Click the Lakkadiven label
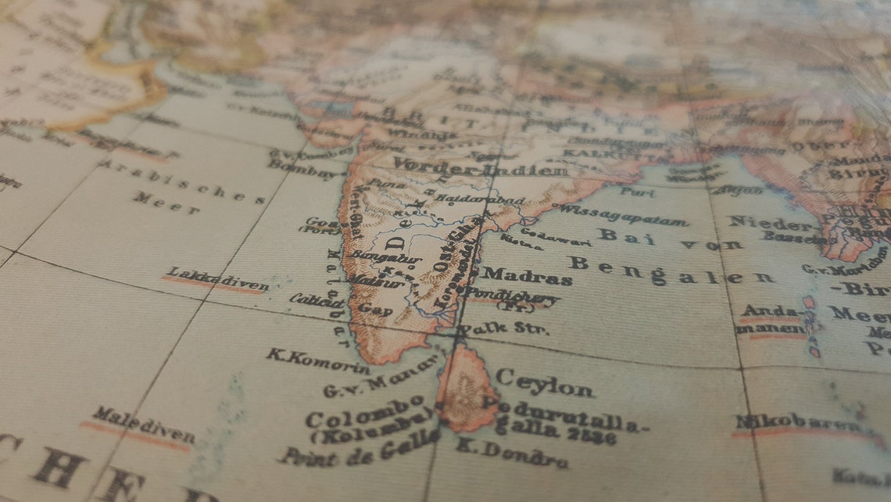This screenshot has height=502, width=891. pos(216,280)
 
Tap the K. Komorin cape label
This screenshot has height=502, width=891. pos(318,360)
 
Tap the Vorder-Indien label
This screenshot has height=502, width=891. pos(480,167)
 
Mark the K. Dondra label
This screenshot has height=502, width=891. pos(511,453)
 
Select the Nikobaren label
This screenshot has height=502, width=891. pos(797,425)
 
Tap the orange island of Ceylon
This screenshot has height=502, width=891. pos(466,387)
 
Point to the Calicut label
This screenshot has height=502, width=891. pos(317,300)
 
